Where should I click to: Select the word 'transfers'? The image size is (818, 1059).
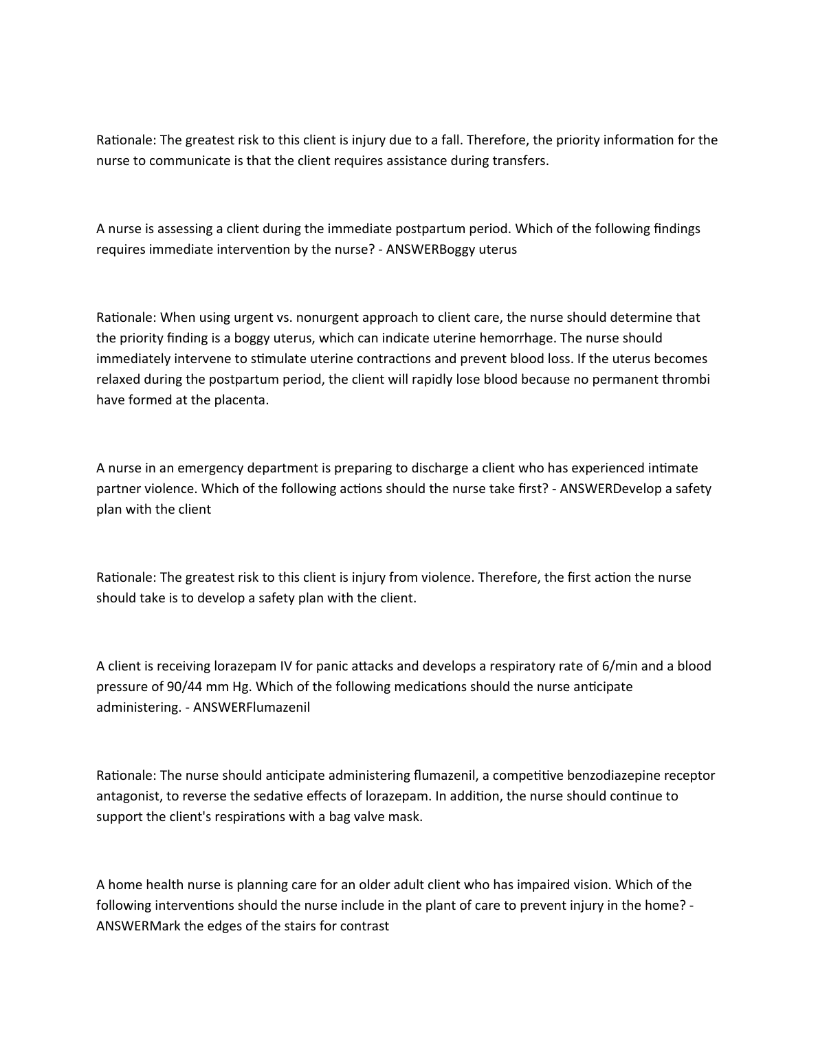pyautogui.click(x=520, y=161)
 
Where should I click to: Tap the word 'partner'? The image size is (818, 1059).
pyautogui.click(x=118, y=489)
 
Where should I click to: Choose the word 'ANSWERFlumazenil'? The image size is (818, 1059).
pyautogui.click(x=252, y=708)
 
